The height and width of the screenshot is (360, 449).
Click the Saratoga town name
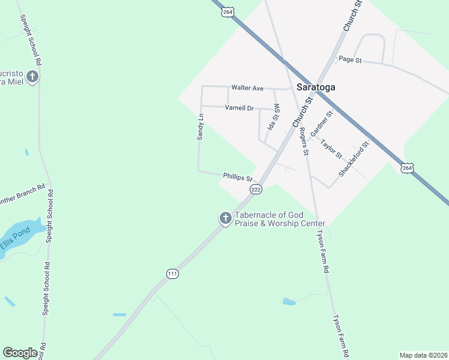coord(316,87)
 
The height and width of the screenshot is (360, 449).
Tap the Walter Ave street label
coord(247,88)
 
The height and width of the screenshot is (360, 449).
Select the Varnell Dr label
coord(240,108)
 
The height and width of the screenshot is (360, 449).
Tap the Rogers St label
coord(304,142)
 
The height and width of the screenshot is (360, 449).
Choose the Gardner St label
coord(322,123)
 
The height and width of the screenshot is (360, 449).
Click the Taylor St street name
coord(331,149)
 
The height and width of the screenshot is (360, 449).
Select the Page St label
coord(350,59)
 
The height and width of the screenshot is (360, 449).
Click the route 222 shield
coord(256,190)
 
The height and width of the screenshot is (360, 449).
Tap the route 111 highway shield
coord(172,274)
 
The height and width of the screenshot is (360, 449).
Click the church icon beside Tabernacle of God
coord(225,218)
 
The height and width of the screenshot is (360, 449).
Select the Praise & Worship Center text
coord(280,223)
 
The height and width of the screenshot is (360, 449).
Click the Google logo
coord(20,353)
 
